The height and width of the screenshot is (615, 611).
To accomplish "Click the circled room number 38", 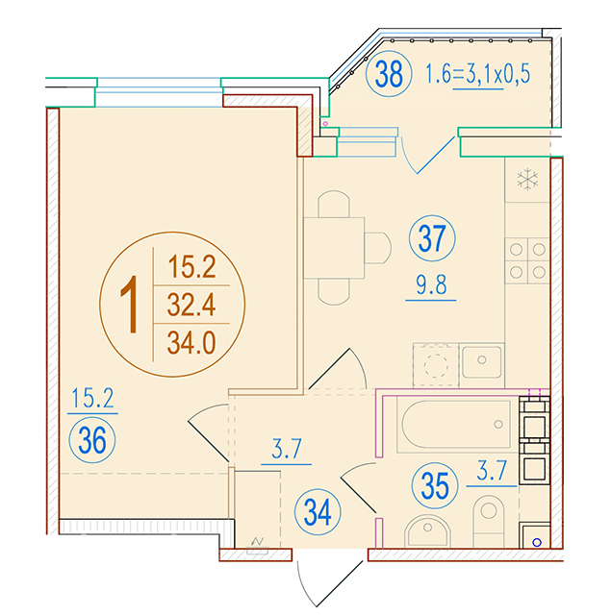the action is pyautogui.click(x=389, y=74).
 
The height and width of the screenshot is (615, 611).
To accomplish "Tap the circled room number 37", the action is pyautogui.click(x=432, y=238).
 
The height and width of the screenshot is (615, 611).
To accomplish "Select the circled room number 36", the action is pyautogui.click(x=92, y=440).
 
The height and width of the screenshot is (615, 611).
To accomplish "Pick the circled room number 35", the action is pyautogui.click(x=435, y=485).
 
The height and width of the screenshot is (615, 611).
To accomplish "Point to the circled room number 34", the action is pyautogui.click(x=318, y=512).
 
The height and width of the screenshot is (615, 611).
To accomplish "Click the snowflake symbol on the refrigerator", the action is pyautogui.click(x=527, y=180).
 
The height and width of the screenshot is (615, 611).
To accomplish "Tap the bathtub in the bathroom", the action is pyautogui.click(x=454, y=425).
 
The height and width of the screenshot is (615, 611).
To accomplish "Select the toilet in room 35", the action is pyautogui.click(x=489, y=521).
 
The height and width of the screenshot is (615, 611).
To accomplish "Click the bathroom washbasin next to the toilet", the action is pyautogui.click(x=427, y=531).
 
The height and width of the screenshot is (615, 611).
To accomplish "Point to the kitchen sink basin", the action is pyautogui.click(x=481, y=361).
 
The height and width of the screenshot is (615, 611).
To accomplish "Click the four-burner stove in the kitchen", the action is pyautogui.click(x=527, y=260).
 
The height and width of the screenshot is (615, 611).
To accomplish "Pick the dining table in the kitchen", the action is pyautogui.click(x=334, y=248).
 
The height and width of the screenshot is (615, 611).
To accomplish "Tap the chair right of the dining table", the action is pyautogui.click(x=378, y=248).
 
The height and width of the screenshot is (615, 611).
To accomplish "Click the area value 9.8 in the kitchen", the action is pyautogui.click(x=431, y=285).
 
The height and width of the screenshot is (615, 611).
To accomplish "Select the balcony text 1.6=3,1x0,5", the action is pyautogui.click(x=478, y=74).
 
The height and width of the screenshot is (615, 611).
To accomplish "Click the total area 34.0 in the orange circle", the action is pyautogui.click(x=191, y=343).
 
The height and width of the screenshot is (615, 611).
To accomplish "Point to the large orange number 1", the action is pyautogui.click(x=130, y=304).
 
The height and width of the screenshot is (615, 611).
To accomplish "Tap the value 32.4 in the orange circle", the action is pyautogui.click(x=191, y=306).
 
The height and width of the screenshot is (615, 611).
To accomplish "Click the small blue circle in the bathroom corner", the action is pyautogui.click(x=537, y=542).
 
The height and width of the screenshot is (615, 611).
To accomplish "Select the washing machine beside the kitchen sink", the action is pyautogui.click(x=436, y=365).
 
